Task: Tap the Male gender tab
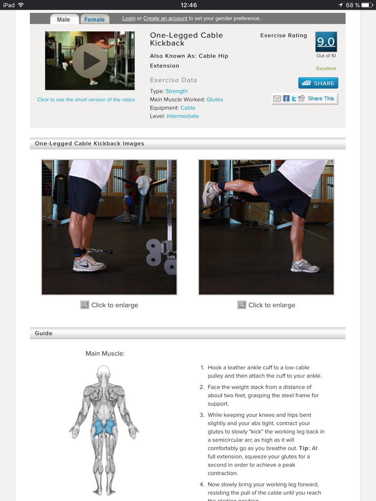pyautogui.click(x=64, y=19)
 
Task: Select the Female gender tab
pyautogui.click(x=94, y=20)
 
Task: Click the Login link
pyautogui.click(x=129, y=18)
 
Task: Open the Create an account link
pyautogui.click(x=165, y=18)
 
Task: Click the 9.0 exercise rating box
pyautogui.click(x=326, y=42)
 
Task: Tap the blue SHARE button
pyautogui.click(x=318, y=83)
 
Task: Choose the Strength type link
pyautogui.click(x=177, y=91)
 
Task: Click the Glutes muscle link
pyautogui.click(x=215, y=99)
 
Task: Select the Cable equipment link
pyautogui.click(x=188, y=108)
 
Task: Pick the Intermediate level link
pyautogui.click(x=183, y=116)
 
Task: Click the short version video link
pyautogui.click(x=86, y=99)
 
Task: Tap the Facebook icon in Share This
pyautogui.click(x=286, y=98)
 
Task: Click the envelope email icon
pyautogui.click(x=277, y=98)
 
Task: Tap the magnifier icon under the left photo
pyautogui.click(x=85, y=305)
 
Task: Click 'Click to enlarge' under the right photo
pyautogui.click(x=272, y=305)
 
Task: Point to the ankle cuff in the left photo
pyautogui.click(x=79, y=252)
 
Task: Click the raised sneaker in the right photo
pyautogui.click(x=210, y=194)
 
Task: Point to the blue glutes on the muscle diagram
pyautogui.click(x=104, y=426)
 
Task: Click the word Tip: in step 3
pyautogui.click(x=304, y=448)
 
